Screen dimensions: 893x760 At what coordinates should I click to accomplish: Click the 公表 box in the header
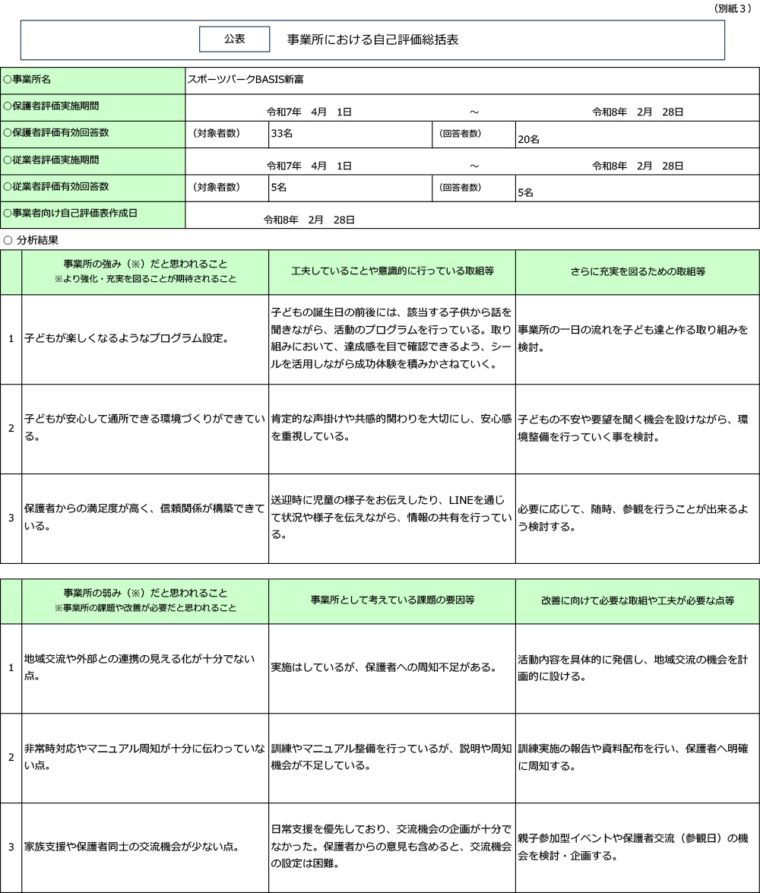tap(234, 39)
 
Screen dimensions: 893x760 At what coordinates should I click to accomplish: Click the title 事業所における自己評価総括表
tap(372, 40)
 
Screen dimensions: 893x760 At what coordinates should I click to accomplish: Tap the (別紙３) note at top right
tap(733, 8)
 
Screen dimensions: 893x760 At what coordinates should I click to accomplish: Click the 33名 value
tap(282, 133)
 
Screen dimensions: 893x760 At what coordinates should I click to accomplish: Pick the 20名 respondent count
tap(528, 139)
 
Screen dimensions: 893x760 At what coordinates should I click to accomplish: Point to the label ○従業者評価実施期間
tap(51, 160)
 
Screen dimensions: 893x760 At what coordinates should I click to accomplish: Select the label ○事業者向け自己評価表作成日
tap(70, 214)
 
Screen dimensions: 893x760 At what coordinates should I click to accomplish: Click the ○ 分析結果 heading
tap(31, 239)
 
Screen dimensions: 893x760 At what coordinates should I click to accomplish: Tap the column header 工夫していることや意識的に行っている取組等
tap(392, 271)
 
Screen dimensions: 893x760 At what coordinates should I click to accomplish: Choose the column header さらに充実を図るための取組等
tap(638, 271)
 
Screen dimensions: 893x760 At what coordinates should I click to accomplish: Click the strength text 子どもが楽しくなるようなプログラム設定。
tap(126, 338)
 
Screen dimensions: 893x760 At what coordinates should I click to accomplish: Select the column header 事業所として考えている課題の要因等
tap(392, 600)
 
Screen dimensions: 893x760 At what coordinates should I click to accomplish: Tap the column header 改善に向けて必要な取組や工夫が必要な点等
tap(638, 600)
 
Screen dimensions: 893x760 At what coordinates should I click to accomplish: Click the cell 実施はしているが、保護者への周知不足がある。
tap(384, 667)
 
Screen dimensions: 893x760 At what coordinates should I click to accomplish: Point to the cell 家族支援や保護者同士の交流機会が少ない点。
tap(131, 846)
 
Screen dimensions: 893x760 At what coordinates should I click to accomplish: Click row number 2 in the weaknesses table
tap(11, 757)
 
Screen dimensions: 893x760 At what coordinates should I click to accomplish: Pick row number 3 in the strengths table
tap(11, 518)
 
